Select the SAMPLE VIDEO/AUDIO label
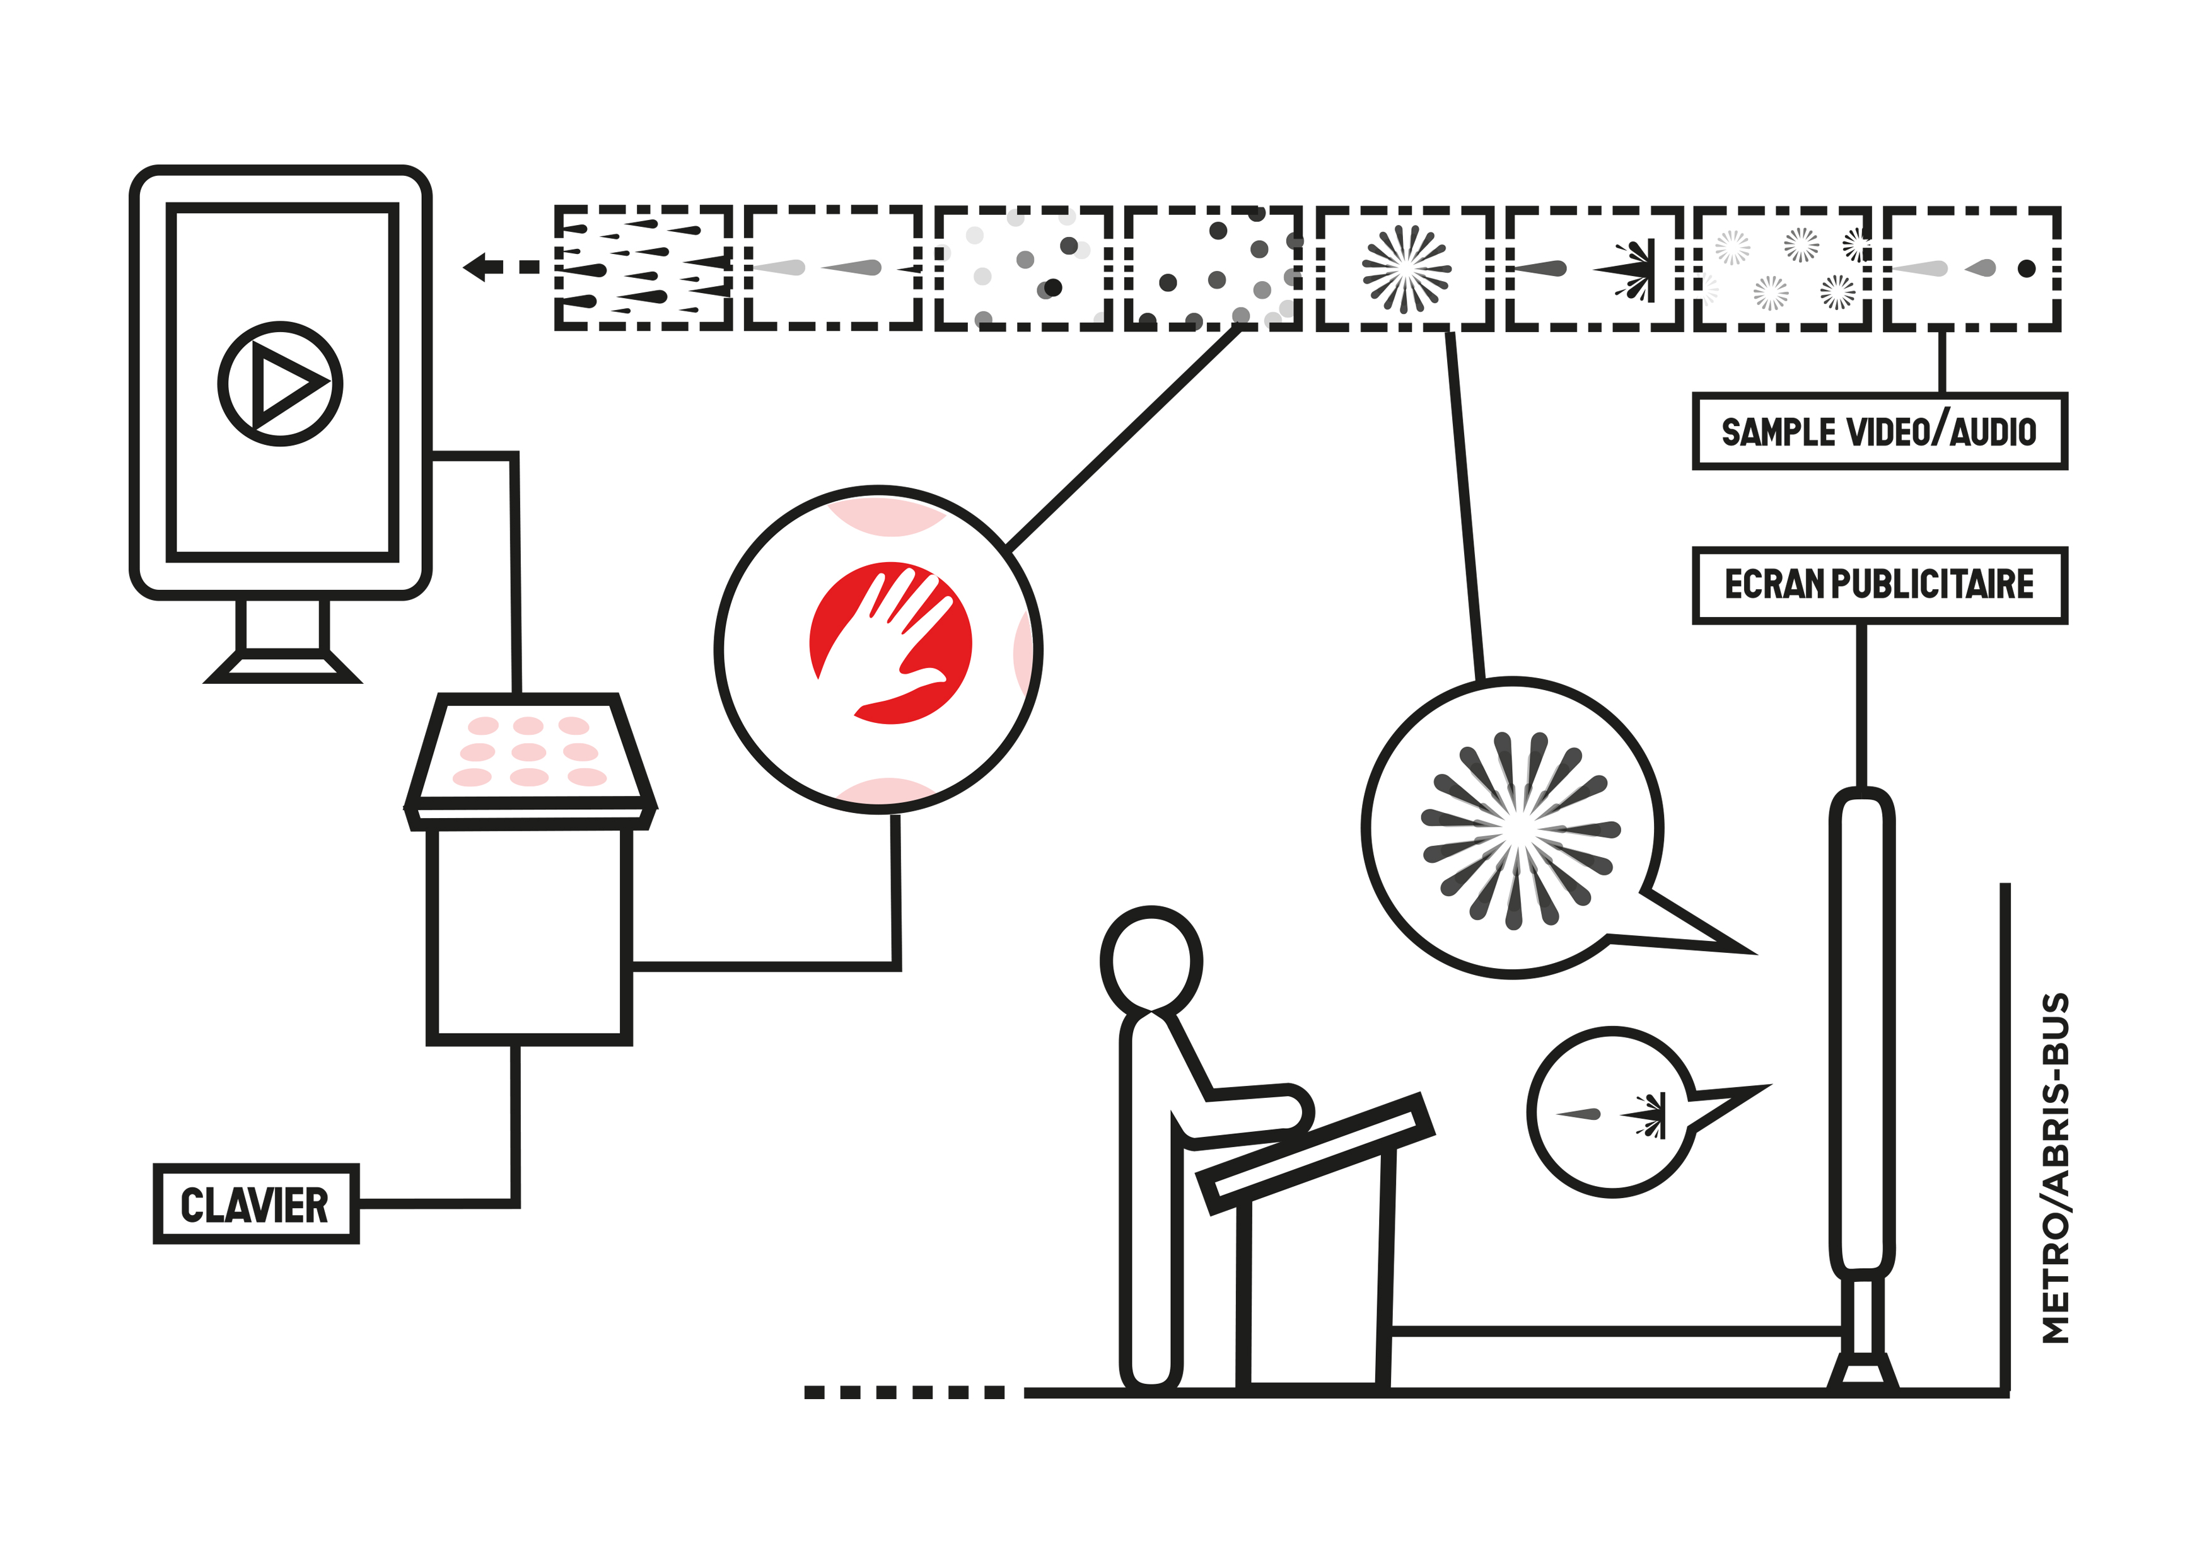[1878, 432]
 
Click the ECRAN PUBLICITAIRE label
[1878, 585]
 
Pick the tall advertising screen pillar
[1861, 1030]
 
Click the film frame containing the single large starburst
[1405, 268]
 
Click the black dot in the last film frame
[2026, 268]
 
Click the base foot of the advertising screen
[1862, 1371]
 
